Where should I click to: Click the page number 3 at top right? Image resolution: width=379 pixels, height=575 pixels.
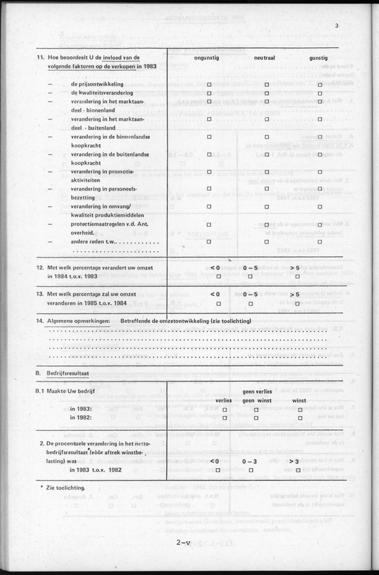click(337, 25)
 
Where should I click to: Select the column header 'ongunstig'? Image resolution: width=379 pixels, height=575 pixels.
click(209, 58)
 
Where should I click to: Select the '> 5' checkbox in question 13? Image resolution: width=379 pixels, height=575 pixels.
click(295, 304)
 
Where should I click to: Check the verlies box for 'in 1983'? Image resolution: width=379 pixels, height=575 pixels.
click(224, 410)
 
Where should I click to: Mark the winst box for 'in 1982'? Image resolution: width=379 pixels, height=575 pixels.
click(300, 418)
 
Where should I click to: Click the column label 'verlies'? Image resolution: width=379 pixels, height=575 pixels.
click(224, 399)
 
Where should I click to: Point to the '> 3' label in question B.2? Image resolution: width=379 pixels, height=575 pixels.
click(294, 461)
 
